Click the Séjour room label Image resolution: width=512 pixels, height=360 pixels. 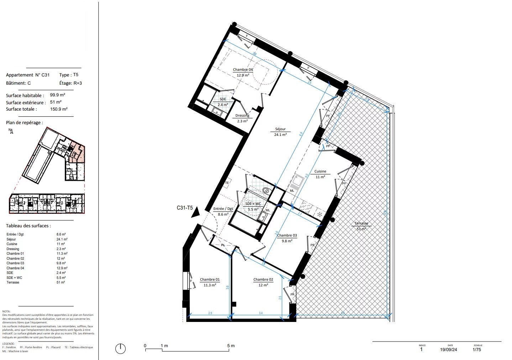(280, 129)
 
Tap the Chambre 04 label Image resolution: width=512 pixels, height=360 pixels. (243, 70)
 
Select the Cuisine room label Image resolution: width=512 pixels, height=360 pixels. (320, 171)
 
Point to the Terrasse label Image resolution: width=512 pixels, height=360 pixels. (361, 224)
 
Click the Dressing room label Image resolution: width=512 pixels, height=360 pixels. (242, 116)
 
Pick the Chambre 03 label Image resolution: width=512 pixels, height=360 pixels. (287, 235)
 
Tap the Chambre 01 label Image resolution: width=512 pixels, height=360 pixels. (210, 280)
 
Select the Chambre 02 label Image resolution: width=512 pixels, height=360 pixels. (263, 280)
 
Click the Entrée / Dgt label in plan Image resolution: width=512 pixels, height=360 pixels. (223, 209)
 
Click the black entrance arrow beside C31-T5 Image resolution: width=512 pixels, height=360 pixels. (195, 213)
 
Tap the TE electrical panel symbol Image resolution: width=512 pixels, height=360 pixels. (227, 183)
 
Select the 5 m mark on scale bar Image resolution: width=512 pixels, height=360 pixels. (230, 346)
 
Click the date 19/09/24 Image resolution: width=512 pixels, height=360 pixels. (449, 350)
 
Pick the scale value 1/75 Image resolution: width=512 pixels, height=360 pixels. (477, 350)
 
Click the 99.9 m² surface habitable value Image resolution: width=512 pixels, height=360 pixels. (57, 95)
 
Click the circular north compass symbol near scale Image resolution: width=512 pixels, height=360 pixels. (120, 349)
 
